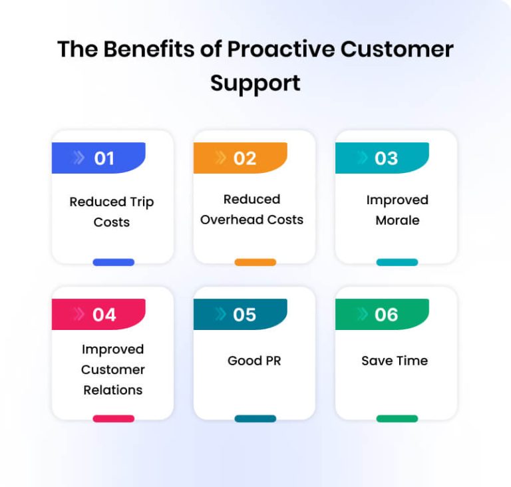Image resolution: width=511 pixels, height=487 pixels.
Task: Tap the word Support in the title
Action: click(x=255, y=82)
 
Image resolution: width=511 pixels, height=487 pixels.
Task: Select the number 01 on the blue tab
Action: click(x=104, y=158)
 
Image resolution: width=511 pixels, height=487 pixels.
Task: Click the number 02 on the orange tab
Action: click(x=245, y=158)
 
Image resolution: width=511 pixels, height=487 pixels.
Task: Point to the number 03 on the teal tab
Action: click(x=387, y=158)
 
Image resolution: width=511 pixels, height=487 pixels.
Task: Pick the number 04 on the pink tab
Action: click(x=104, y=315)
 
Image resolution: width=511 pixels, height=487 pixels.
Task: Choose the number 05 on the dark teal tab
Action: click(x=245, y=315)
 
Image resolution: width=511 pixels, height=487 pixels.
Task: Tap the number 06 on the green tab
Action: click(x=387, y=315)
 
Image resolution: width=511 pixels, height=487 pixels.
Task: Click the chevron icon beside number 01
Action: click(x=79, y=158)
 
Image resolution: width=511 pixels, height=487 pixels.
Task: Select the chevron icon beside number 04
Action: click(x=79, y=315)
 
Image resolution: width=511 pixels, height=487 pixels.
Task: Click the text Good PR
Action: click(x=254, y=361)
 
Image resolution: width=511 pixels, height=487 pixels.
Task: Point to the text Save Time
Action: click(x=395, y=361)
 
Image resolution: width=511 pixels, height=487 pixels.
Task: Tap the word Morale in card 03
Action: click(x=397, y=220)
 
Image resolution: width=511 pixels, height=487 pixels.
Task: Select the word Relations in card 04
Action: click(x=112, y=390)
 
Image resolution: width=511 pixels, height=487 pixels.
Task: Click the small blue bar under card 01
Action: click(x=113, y=262)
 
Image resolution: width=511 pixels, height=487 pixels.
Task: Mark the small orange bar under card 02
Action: click(x=255, y=262)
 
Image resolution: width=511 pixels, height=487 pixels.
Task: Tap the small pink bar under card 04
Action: click(x=113, y=418)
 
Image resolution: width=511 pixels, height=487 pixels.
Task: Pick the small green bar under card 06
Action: click(x=397, y=418)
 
